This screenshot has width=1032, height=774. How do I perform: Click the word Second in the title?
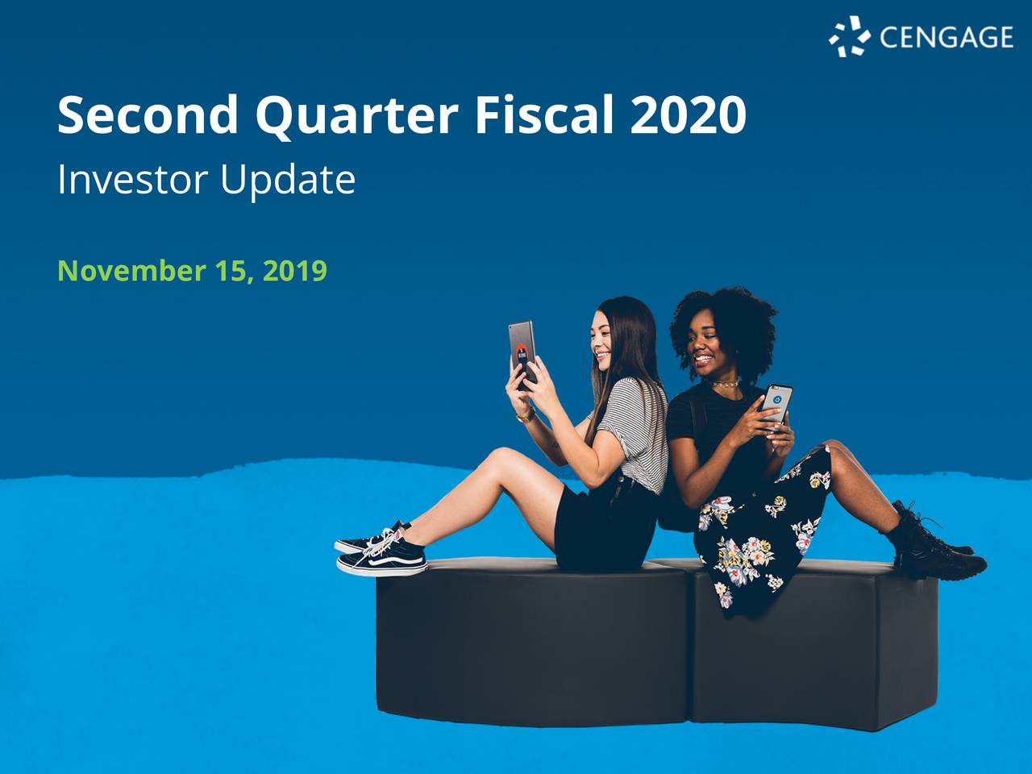[148, 115]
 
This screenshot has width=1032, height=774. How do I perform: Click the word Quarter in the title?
[356, 115]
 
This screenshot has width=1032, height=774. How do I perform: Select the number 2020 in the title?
[688, 115]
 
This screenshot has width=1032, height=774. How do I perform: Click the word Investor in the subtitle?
[132, 180]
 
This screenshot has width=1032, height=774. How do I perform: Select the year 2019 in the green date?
[295, 271]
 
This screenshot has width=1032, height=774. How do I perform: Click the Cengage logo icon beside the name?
[849, 36]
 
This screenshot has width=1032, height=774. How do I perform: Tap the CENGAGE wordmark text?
[946, 37]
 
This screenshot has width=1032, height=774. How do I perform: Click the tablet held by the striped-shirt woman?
[522, 352]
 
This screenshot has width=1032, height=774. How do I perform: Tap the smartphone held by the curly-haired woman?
[777, 403]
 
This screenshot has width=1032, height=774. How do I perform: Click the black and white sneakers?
[381, 551]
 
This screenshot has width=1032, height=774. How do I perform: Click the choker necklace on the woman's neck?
[723, 384]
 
